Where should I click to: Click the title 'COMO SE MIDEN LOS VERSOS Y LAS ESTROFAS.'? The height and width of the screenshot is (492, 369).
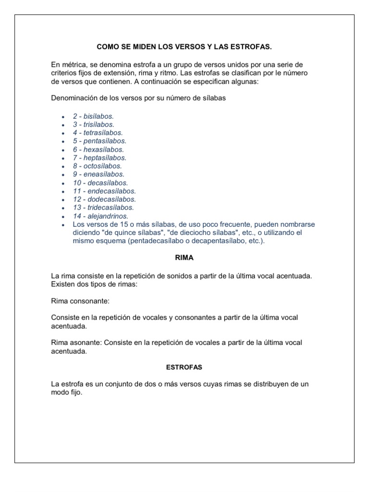[x=184, y=47]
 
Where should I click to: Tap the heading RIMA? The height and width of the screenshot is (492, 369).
[x=184, y=258]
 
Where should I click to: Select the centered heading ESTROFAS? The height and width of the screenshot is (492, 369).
[x=184, y=367]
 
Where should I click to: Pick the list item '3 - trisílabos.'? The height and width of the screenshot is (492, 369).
[x=94, y=124]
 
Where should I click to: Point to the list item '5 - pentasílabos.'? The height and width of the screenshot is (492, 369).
[x=99, y=141]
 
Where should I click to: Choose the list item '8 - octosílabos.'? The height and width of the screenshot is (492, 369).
[x=98, y=166]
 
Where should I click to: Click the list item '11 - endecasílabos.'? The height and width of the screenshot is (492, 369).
[x=104, y=191]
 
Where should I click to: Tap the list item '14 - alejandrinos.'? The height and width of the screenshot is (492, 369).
[x=101, y=216]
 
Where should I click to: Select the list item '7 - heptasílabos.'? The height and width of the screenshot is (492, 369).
[x=99, y=158]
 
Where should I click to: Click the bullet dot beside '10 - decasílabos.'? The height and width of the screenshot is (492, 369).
[x=62, y=183]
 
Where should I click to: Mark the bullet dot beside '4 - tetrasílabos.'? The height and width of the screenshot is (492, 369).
[x=62, y=133]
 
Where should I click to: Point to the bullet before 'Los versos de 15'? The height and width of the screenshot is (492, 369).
[x=62, y=225]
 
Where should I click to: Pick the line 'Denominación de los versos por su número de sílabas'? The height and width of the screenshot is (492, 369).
[x=138, y=98]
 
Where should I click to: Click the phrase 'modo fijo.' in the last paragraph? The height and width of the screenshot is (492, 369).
[x=67, y=392]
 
